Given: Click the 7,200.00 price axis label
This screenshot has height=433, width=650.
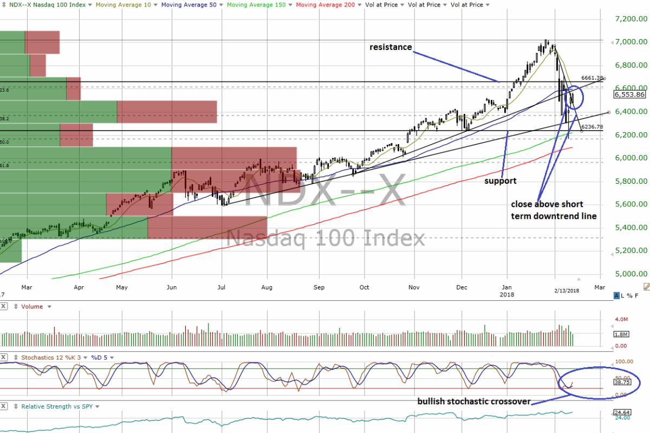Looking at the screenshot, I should click(629, 19).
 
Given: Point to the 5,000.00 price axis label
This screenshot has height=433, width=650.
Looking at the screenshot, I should click(629, 274).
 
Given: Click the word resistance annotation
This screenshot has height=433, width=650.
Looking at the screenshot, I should click(391, 47).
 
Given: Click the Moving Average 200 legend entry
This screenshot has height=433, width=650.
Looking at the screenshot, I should click(325, 5).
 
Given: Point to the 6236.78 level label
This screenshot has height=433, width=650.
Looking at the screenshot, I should click(591, 127).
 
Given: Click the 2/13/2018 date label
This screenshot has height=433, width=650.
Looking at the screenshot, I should click(566, 291).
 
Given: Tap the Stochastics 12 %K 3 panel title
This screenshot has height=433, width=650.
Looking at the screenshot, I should click(48, 358).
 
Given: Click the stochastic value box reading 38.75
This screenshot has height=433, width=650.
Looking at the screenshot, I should click(621, 382).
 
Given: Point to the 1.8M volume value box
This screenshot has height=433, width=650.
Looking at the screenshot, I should click(620, 334).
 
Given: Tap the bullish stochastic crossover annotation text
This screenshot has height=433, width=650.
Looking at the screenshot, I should click(473, 402).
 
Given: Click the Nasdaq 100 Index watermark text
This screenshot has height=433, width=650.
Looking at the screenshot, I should click(325, 238).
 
